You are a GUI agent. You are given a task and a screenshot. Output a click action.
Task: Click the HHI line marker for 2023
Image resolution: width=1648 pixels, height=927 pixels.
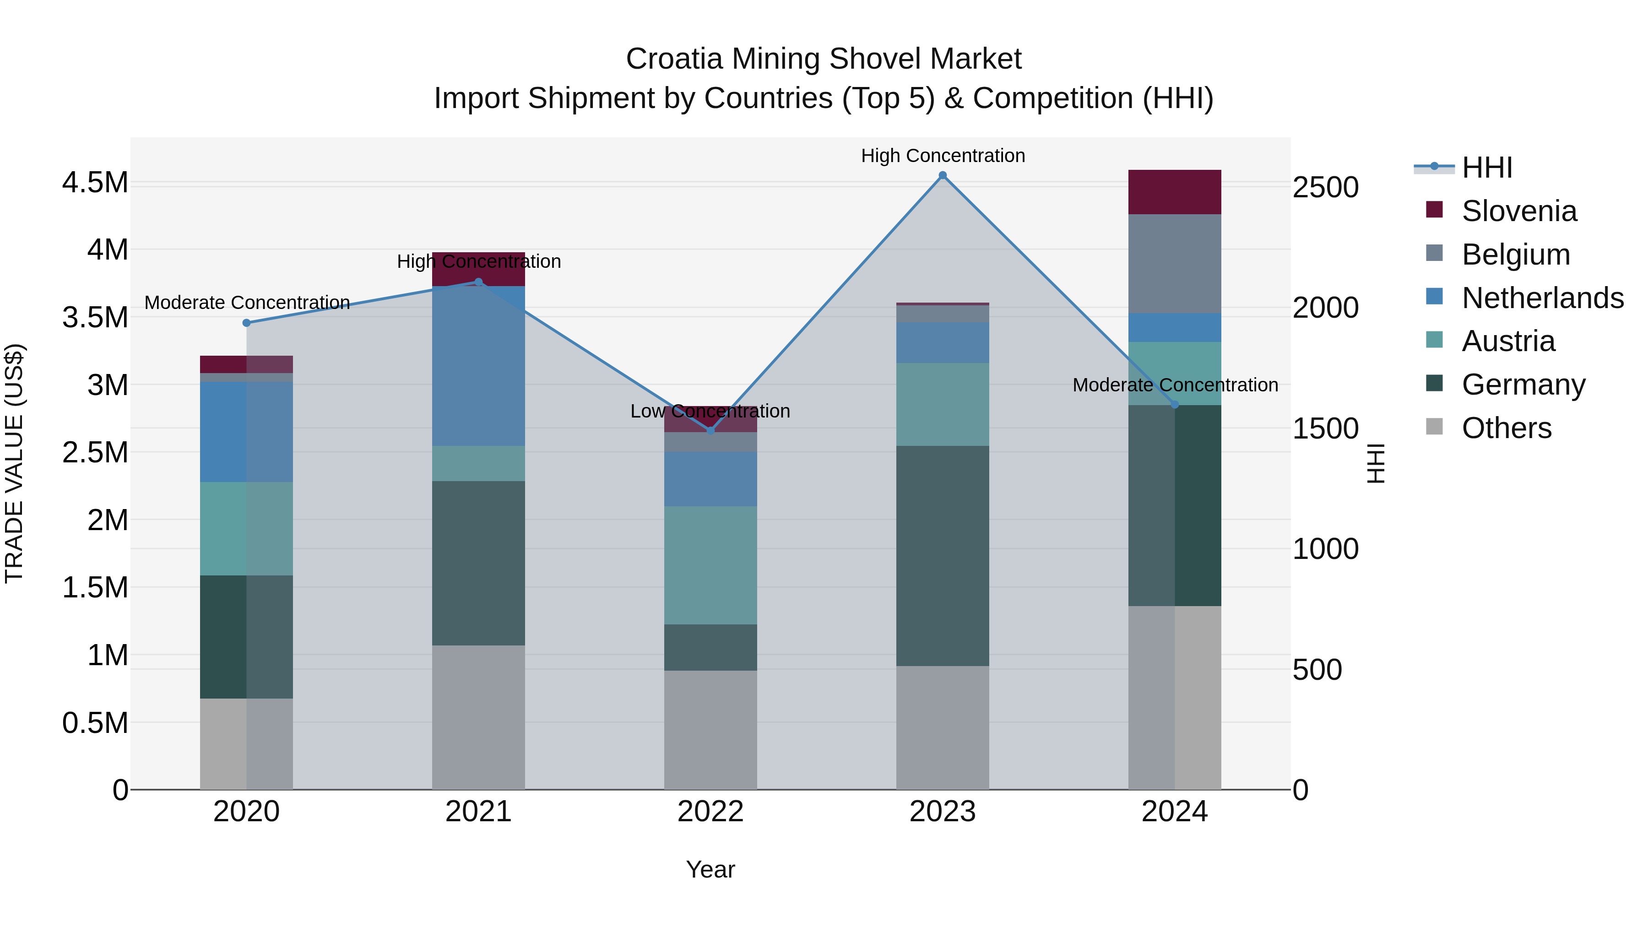[943, 175]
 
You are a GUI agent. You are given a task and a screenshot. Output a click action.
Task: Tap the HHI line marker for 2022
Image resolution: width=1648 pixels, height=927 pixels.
[710, 431]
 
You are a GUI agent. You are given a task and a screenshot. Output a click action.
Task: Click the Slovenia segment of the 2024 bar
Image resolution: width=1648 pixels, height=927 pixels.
[1175, 192]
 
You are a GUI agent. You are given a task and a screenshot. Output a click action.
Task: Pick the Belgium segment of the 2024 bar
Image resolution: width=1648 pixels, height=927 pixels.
[1175, 264]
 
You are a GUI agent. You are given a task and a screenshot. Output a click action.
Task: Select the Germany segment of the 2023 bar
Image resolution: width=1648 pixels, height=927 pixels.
[943, 555]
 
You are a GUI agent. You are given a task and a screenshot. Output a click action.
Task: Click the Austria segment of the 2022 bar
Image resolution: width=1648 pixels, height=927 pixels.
[710, 565]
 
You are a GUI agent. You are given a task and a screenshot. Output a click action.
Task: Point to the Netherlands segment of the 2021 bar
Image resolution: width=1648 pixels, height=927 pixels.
[478, 366]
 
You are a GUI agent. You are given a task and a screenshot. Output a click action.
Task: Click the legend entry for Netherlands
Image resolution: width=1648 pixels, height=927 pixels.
[1542, 298]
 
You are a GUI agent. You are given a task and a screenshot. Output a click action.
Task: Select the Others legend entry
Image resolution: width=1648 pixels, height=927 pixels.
[1506, 428]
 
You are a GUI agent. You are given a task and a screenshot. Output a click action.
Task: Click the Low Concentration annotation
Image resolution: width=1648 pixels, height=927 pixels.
[710, 412]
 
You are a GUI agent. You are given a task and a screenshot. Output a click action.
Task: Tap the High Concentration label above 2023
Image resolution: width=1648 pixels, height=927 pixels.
[943, 156]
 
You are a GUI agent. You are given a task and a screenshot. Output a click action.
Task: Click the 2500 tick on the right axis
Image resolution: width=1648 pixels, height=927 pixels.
[1325, 187]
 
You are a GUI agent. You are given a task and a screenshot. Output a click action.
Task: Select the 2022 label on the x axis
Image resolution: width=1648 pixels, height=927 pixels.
[710, 812]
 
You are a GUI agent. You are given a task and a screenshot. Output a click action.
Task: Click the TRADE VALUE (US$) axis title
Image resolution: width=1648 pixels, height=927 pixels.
[14, 463]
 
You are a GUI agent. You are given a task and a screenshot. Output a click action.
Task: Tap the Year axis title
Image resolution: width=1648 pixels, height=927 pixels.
[710, 869]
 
